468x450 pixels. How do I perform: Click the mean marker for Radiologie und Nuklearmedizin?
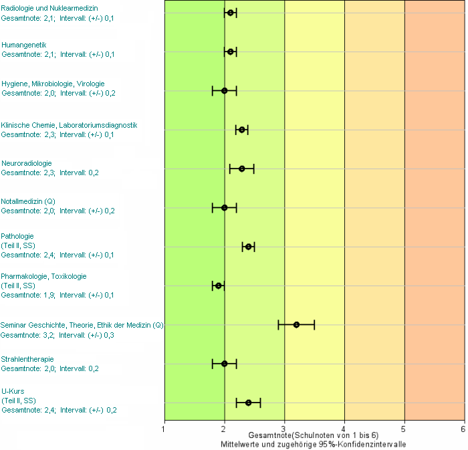click(x=231, y=13)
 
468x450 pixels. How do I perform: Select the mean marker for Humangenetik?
click(x=231, y=51)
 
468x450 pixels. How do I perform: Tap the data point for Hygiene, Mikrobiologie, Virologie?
click(x=225, y=91)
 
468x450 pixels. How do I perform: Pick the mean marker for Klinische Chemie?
click(x=242, y=130)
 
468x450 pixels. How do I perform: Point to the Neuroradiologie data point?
click(x=242, y=168)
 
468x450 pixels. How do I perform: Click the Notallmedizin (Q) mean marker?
click(x=225, y=208)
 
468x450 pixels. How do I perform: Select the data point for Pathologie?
click(x=248, y=247)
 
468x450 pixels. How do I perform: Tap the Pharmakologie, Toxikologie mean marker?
click(x=219, y=286)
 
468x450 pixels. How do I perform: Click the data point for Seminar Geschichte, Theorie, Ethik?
click(x=296, y=325)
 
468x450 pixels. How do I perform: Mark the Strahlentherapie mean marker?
click(x=225, y=364)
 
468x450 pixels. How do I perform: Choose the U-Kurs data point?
click(x=248, y=403)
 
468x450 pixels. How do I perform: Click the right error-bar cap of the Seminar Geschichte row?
click(x=314, y=325)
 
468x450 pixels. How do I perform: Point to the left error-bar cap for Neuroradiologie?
click(x=230, y=168)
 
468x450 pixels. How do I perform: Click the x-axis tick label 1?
click(x=163, y=429)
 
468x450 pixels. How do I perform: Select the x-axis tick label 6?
click(x=463, y=429)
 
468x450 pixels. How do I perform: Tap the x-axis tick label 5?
click(x=403, y=429)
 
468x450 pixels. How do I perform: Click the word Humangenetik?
click(x=24, y=45)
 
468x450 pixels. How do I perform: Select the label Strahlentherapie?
click(x=27, y=359)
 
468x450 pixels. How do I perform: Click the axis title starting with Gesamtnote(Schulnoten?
click(x=314, y=435)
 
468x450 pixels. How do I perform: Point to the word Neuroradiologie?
click(x=27, y=163)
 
